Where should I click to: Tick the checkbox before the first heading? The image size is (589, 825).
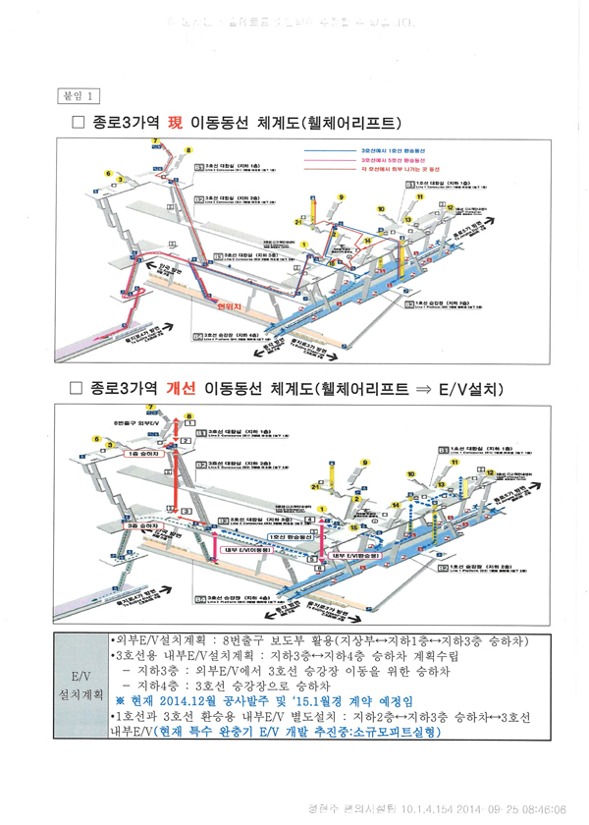click(80, 124)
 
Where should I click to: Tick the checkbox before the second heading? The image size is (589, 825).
click(80, 389)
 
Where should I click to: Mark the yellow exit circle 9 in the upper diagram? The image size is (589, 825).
click(341, 197)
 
